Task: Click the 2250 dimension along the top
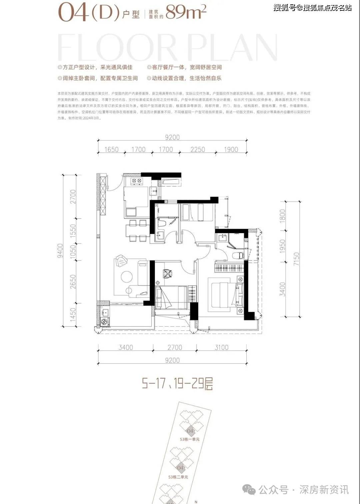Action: (198, 149)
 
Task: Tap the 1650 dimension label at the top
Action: (111, 149)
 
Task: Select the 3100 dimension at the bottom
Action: (221, 347)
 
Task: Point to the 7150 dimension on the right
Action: (296, 259)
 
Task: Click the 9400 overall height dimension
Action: (60, 250)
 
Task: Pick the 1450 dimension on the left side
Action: (73, 315)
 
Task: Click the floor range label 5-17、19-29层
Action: (177, 384)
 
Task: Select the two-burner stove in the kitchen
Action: (136, 181)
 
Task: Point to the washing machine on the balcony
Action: (104, 322)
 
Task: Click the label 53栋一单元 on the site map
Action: (189, 439)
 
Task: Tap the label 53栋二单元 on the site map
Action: (178, 477)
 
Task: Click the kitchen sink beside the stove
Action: (154, 191)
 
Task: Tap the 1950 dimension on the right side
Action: (283, 246)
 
